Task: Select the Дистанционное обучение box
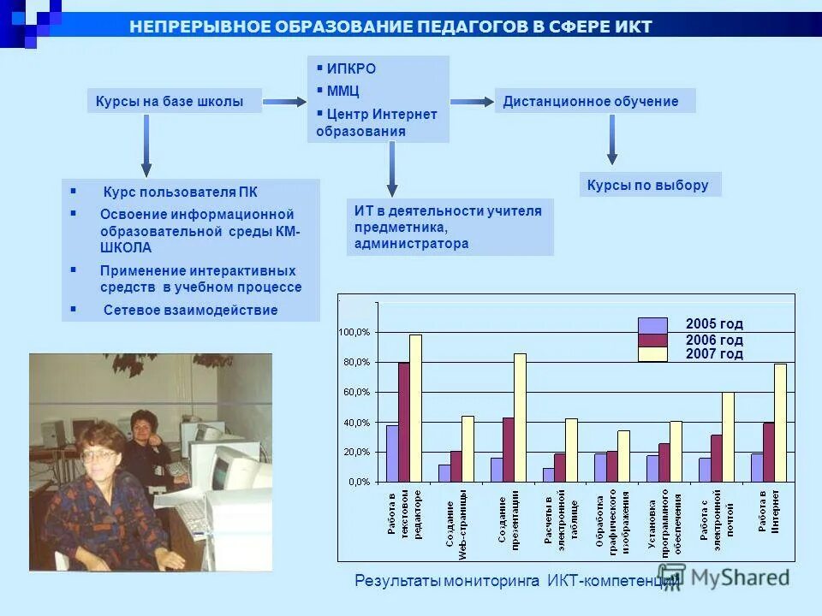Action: point(595,102)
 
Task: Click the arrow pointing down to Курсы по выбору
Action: point(611,139)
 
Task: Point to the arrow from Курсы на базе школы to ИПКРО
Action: point(279,103)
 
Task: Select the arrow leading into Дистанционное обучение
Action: point(472,102)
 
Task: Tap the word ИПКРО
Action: point(351,69)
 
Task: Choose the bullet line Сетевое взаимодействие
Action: point(190,310)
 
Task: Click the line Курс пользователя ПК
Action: point(180,191)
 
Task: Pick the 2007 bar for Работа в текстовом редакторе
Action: point(416,408)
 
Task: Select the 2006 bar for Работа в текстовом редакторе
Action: point(404,422)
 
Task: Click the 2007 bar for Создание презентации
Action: point(520,418)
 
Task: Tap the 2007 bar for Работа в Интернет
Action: point(780,423)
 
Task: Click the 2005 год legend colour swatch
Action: point(652,325)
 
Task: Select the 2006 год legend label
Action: point(714,340)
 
